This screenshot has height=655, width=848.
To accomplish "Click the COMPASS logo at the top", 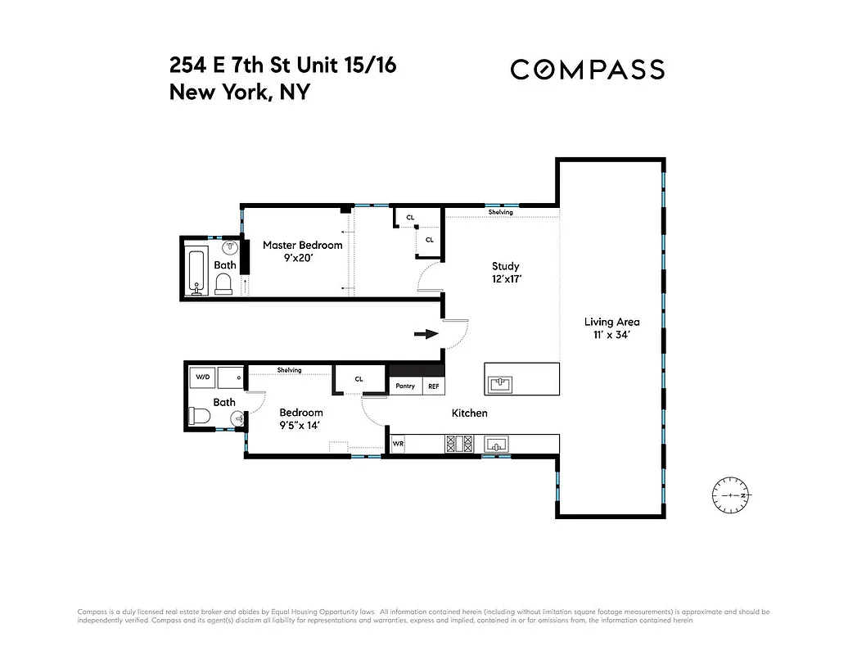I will point(587,70).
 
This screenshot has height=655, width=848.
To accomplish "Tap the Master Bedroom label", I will point(302,245).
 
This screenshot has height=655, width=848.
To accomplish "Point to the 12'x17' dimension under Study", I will point(505,279).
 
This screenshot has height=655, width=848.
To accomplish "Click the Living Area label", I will point(611,322).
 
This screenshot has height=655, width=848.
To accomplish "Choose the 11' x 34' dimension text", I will point(611,335).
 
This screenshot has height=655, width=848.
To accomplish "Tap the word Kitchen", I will point(469,413).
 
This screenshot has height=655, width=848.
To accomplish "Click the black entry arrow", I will point(425,334).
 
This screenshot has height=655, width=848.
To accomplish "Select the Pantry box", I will point(405,386).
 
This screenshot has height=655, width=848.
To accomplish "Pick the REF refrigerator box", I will point(433,386).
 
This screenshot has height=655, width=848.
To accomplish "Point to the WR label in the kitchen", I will point(399,445).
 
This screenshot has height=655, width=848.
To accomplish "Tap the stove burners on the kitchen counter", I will point(459,445).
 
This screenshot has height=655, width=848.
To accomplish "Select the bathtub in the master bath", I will point(196,271).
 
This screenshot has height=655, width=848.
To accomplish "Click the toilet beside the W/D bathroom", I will point(199,418).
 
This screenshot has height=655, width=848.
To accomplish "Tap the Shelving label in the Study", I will point(500,212).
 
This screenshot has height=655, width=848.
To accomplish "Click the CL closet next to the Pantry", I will point(359,379).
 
